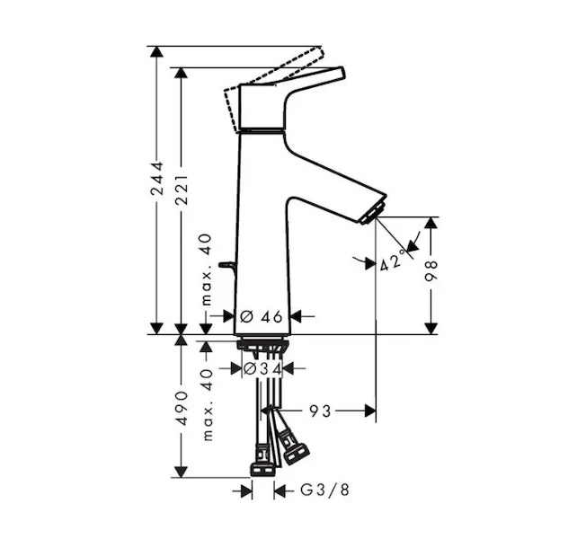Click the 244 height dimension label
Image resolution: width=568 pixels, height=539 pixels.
157,184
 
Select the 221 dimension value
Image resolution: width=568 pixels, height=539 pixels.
182,190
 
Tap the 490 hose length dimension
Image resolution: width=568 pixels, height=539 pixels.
182,408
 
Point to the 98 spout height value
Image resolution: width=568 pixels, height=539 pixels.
431,270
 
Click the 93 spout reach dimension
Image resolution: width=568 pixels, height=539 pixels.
320,411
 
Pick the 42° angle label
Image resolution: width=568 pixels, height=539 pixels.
393,261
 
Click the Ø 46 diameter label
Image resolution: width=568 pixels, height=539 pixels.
262,317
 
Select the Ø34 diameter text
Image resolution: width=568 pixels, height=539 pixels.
262,368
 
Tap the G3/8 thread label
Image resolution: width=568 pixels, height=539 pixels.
325,490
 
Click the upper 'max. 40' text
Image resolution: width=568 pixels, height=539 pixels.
206,269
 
